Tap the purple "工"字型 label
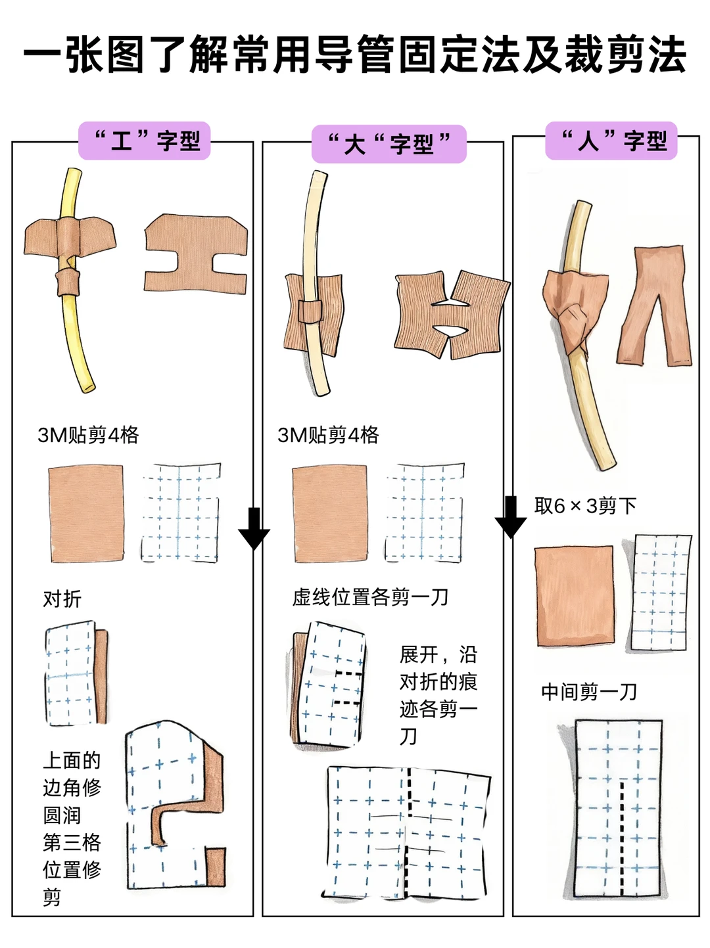145,141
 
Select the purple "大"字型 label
389,144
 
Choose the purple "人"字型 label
611,141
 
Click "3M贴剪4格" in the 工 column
88,435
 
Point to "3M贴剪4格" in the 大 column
328,435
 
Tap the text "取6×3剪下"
585,506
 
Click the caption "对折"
62,598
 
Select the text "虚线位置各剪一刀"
370,597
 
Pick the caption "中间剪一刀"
589,691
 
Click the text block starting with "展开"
438,695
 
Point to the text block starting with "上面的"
72,828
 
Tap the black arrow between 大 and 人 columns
511,517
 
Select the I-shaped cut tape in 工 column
196,254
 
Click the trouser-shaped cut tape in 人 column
655,305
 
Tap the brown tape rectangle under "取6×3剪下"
575,597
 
